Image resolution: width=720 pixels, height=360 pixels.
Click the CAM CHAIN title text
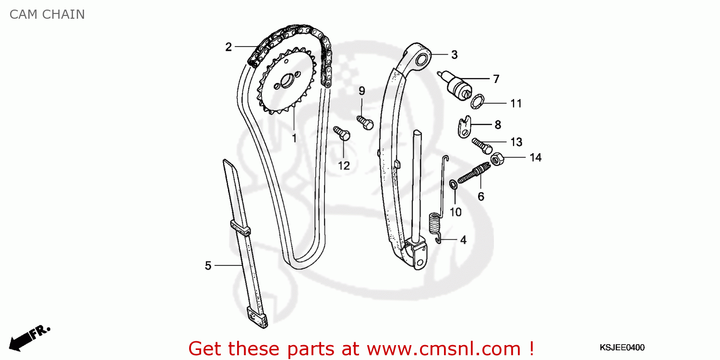(47, 14)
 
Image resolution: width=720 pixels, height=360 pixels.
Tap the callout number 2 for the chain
(228, 47)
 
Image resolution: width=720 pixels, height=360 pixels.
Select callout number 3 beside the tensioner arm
(454, 55)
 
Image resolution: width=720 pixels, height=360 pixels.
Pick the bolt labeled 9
(365, 122)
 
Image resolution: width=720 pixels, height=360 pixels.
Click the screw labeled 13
(481, 144)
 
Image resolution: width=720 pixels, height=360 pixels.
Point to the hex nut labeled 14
(497, 159)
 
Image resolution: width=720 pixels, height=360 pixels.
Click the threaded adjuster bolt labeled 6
(473, 174)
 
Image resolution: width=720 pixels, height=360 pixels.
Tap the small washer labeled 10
(453, 184)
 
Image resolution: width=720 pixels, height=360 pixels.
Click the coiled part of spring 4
(434, 223)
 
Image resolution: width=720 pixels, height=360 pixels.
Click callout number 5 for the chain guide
(208, 265)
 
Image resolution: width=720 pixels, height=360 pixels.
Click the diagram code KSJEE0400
(622, 348)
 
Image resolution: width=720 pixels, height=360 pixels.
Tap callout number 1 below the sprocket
(294, 138)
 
